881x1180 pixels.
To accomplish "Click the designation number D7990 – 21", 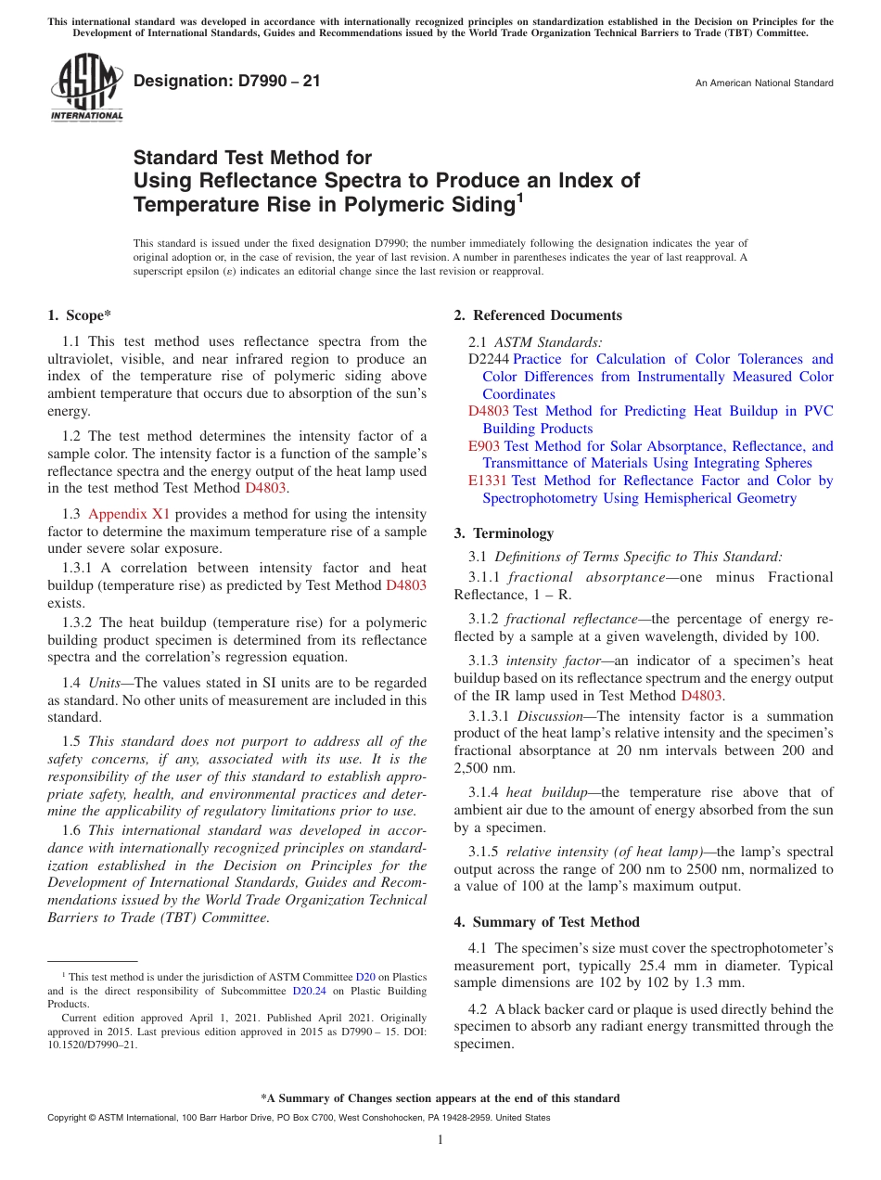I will tap(227, 81).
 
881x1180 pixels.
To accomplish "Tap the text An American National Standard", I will tap(763, 83).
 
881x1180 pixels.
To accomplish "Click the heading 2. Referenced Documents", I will tap(538, 315).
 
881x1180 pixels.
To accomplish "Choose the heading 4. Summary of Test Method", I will tap(546, 922).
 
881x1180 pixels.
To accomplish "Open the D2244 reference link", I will tap(489, 359).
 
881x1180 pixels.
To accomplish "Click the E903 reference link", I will tap(484, 446).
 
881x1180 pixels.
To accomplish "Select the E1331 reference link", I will tap(488, 481).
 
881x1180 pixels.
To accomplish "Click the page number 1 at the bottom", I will tap(440, 1140).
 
